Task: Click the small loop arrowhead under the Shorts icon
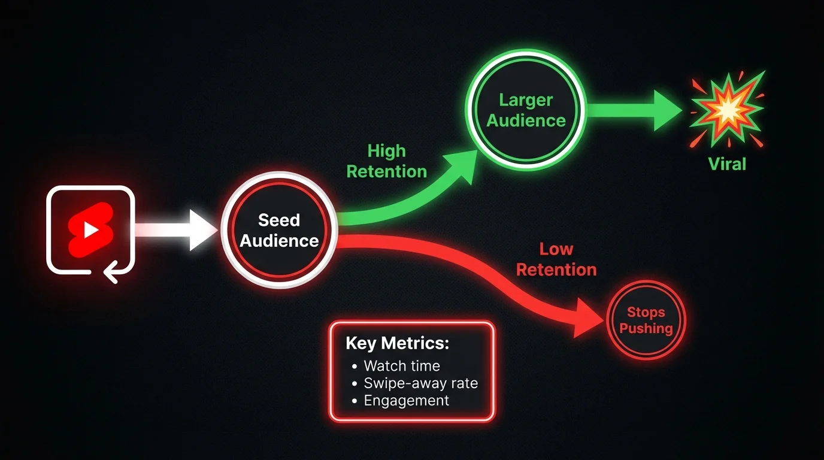point(110,274)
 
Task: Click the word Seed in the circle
point(278,220)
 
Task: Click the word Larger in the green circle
point(526,100)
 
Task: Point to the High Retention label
point(387,161)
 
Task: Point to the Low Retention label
point(556,259)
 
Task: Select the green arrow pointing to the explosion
point(635,110)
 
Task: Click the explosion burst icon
point(727,109)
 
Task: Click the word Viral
point(727,164)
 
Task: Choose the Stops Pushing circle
point(646,320)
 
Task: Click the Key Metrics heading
point(397,343)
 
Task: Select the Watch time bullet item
point(401,365)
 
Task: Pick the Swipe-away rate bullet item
point(420,383)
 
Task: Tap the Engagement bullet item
point(406,400)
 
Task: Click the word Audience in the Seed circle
point(279,241)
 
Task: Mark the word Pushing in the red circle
point(646,328)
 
